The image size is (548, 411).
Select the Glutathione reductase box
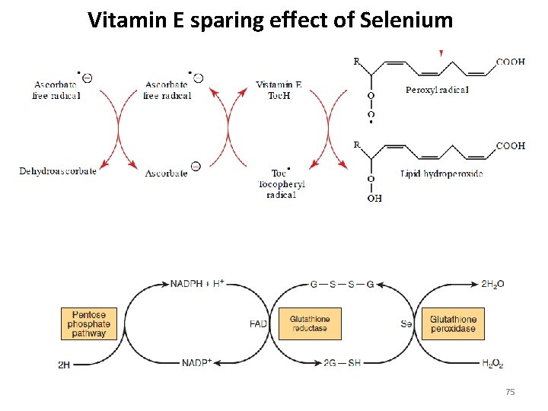click(310, 323)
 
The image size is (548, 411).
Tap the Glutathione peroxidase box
click(453, 323)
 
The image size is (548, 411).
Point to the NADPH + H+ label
click(196, 283)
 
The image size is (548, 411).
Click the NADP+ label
click(196, 363)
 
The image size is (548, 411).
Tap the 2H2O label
click(492, 284)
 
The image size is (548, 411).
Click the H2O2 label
click(492, 364)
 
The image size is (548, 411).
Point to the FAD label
click(258, 324)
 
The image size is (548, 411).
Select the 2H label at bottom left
click(64, 365)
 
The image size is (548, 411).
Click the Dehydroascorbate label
click(58, 171)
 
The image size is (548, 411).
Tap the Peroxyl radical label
click(437, 90)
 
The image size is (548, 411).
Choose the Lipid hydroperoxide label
click(441, 174)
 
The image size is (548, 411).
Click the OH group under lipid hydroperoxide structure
click(374, 198)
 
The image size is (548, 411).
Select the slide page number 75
click(510, 392)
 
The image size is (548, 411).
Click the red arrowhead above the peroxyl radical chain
click(441, 53)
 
